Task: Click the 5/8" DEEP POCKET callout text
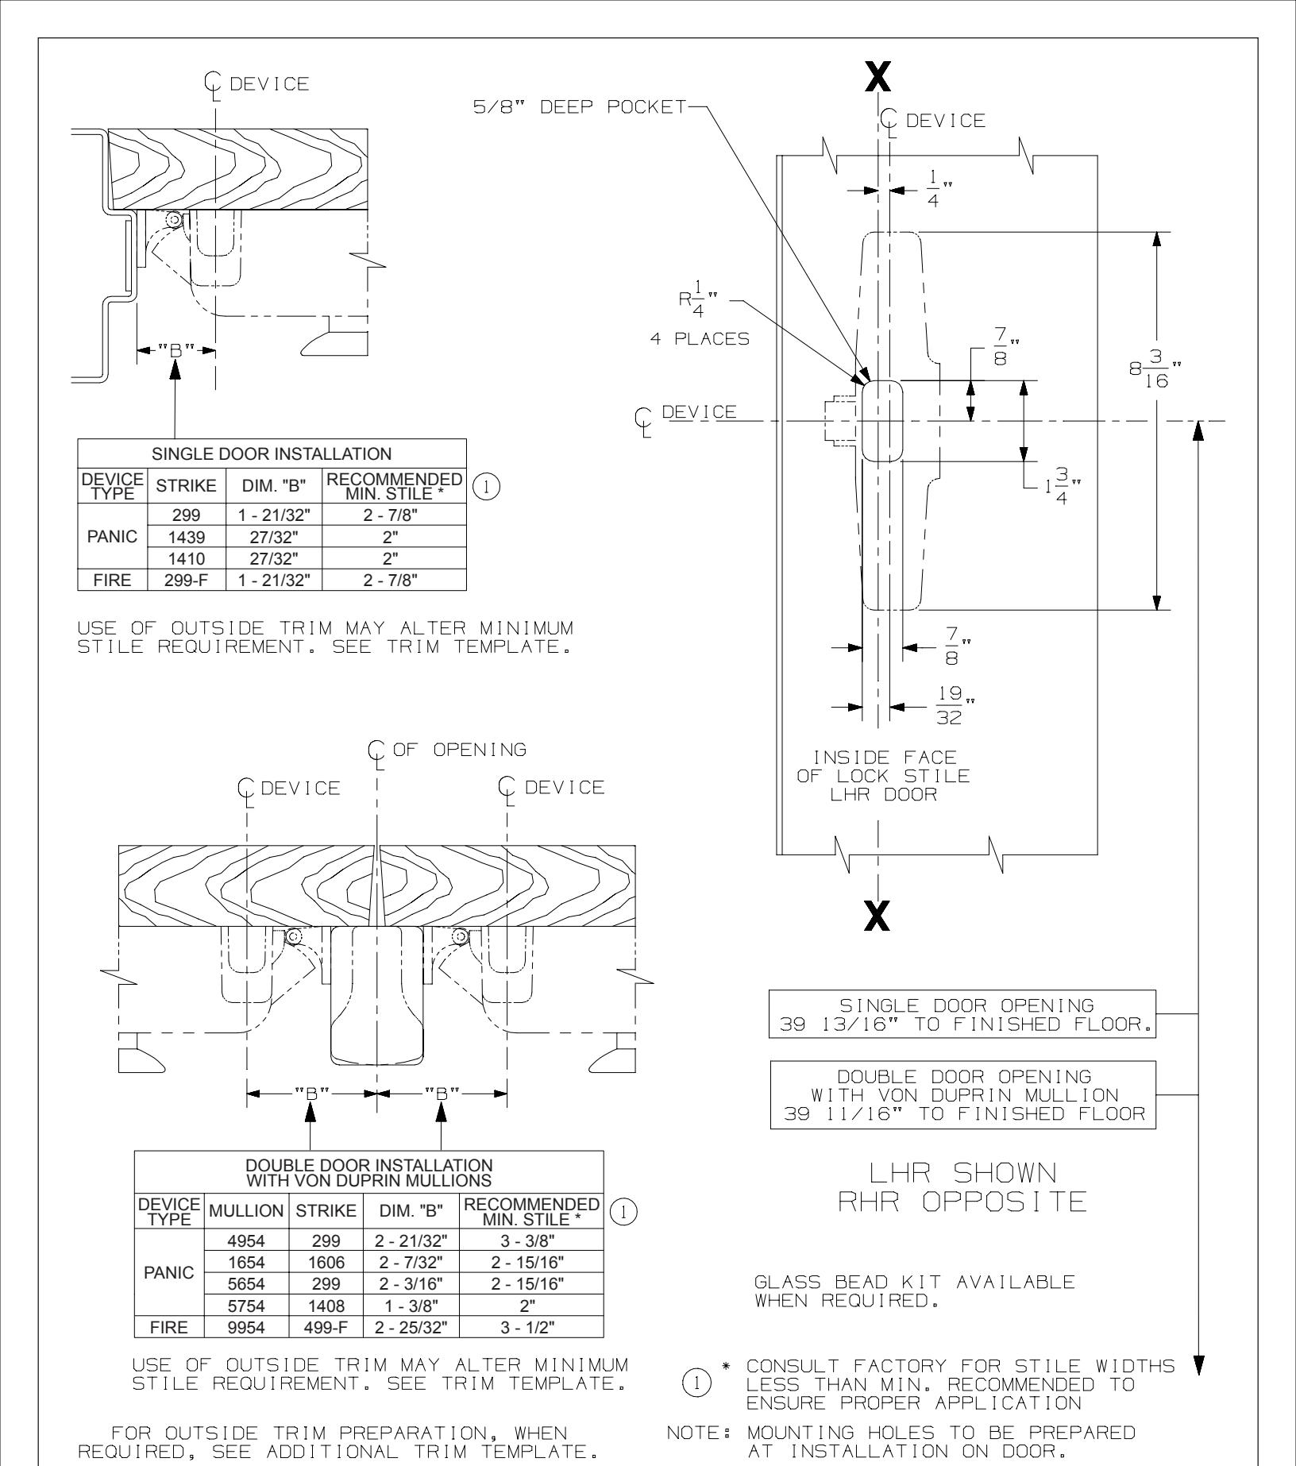579,107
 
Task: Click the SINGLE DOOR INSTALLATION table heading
272,454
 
